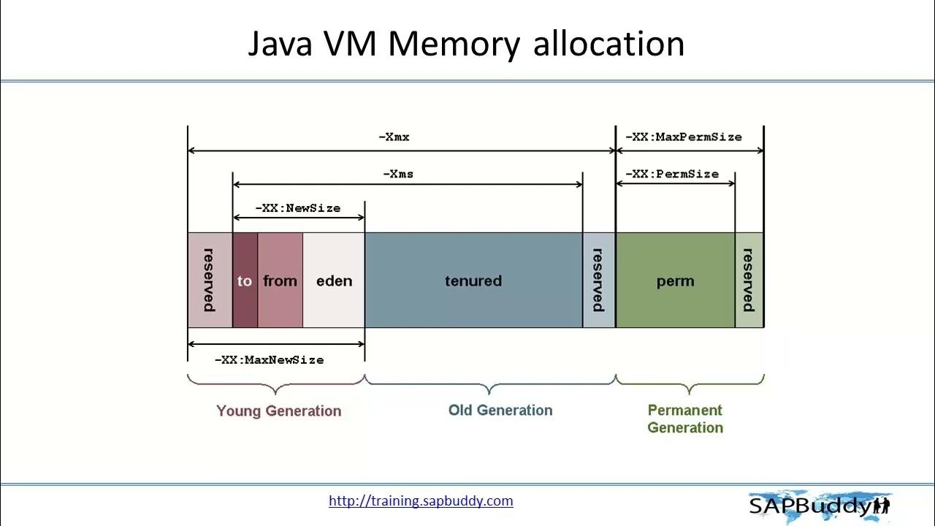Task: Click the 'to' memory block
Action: coord(245,281)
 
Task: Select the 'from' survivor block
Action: coord(280,281)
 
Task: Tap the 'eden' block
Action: coord(334,281)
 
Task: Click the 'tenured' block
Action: coord(473,281)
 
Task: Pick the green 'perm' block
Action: coord(675,281)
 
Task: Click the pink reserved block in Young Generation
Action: coord(210,281)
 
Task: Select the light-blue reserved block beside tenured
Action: coord(598,281)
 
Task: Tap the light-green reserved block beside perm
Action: coord(749,281)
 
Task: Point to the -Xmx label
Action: coord(394,137)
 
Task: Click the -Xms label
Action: coord(398,174)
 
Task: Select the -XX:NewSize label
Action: coord(297,208)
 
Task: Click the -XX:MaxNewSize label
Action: coord(269,359)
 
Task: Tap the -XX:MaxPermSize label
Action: coord(684,137)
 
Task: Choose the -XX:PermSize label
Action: coord(672,174)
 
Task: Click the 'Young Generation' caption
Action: coord(278,411)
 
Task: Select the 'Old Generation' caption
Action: coord(500,410)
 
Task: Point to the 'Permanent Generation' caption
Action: coord(685,419)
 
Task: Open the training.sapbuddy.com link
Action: coord(421,500)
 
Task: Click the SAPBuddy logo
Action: coord(818,505)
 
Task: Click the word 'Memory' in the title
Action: coord(453,44)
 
